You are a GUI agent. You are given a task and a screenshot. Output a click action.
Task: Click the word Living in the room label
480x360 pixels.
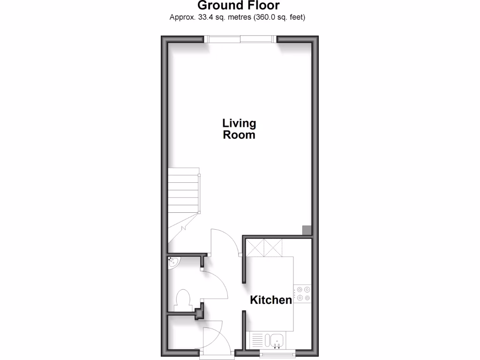[239, 124]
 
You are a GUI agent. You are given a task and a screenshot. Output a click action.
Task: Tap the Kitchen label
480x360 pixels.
[271, 300]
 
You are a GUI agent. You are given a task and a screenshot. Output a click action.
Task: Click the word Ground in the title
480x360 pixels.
[217, 6]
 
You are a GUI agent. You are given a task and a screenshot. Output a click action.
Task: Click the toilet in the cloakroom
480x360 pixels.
[182, 300]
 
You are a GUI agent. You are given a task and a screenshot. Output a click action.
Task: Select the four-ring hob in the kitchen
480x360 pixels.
[303, 293]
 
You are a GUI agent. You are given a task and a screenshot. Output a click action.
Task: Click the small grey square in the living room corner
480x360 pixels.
[306, 230]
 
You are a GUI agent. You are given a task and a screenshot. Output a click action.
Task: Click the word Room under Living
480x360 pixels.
[239, 135]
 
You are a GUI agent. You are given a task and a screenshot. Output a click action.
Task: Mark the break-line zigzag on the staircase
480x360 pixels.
[184, 226]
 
